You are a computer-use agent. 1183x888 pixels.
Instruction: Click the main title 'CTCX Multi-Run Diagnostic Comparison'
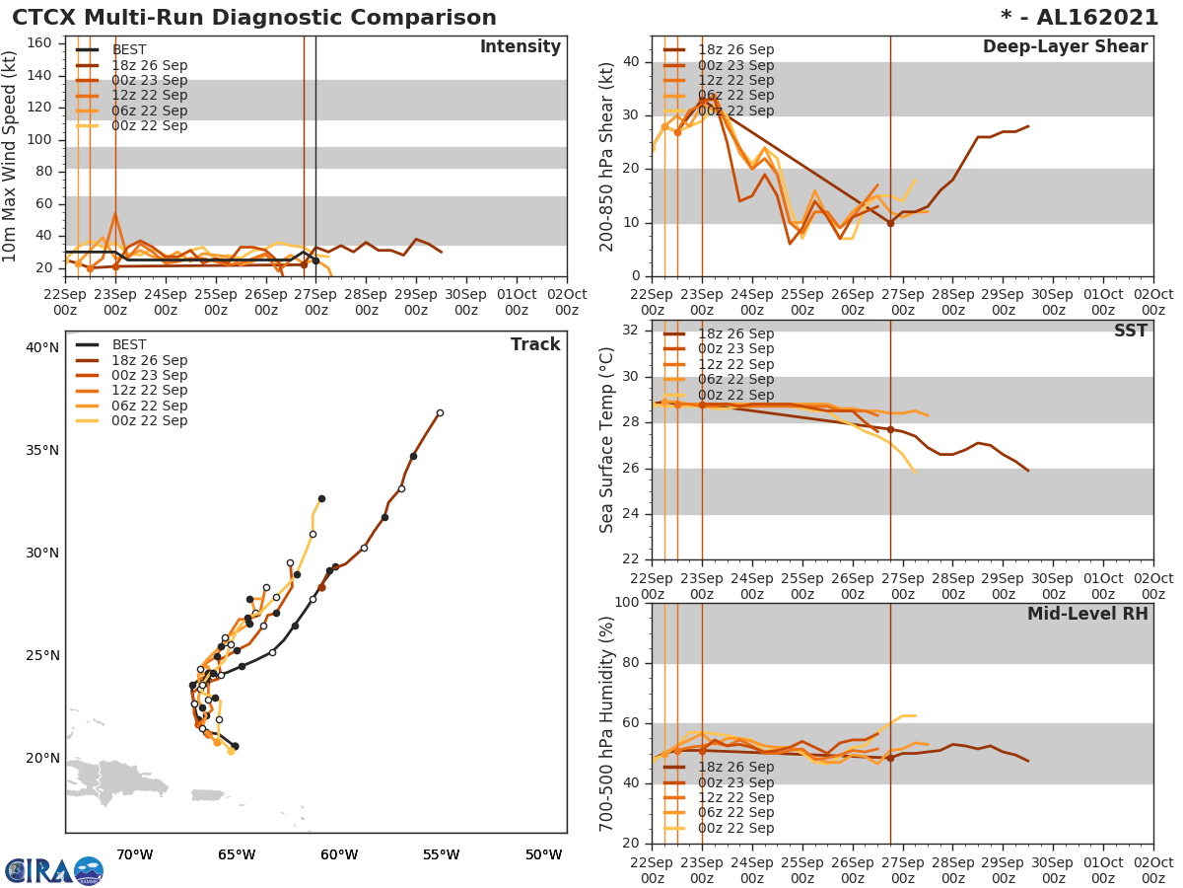coord(254,18)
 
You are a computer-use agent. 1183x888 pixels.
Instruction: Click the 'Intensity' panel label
coord(521,47)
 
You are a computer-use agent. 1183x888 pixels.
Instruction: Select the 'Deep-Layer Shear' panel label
coord(1065,47)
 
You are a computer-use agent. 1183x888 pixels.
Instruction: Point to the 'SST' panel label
coord(1130,332)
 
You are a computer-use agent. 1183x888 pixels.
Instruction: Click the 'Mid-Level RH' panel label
coord(1087,615)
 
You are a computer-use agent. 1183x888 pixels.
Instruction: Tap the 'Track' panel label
coord(535,345)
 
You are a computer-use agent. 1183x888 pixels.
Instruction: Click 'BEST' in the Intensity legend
coord(130,49)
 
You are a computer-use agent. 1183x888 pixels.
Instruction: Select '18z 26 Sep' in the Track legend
coord(149,360)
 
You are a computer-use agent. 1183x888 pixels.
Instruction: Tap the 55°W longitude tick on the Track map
coord(441,854)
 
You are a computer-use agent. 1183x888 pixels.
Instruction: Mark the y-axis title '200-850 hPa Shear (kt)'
coord(607,156)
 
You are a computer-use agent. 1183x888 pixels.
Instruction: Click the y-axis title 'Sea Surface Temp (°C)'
coord(607,440)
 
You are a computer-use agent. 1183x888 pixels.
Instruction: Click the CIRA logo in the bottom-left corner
coord(54,871)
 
